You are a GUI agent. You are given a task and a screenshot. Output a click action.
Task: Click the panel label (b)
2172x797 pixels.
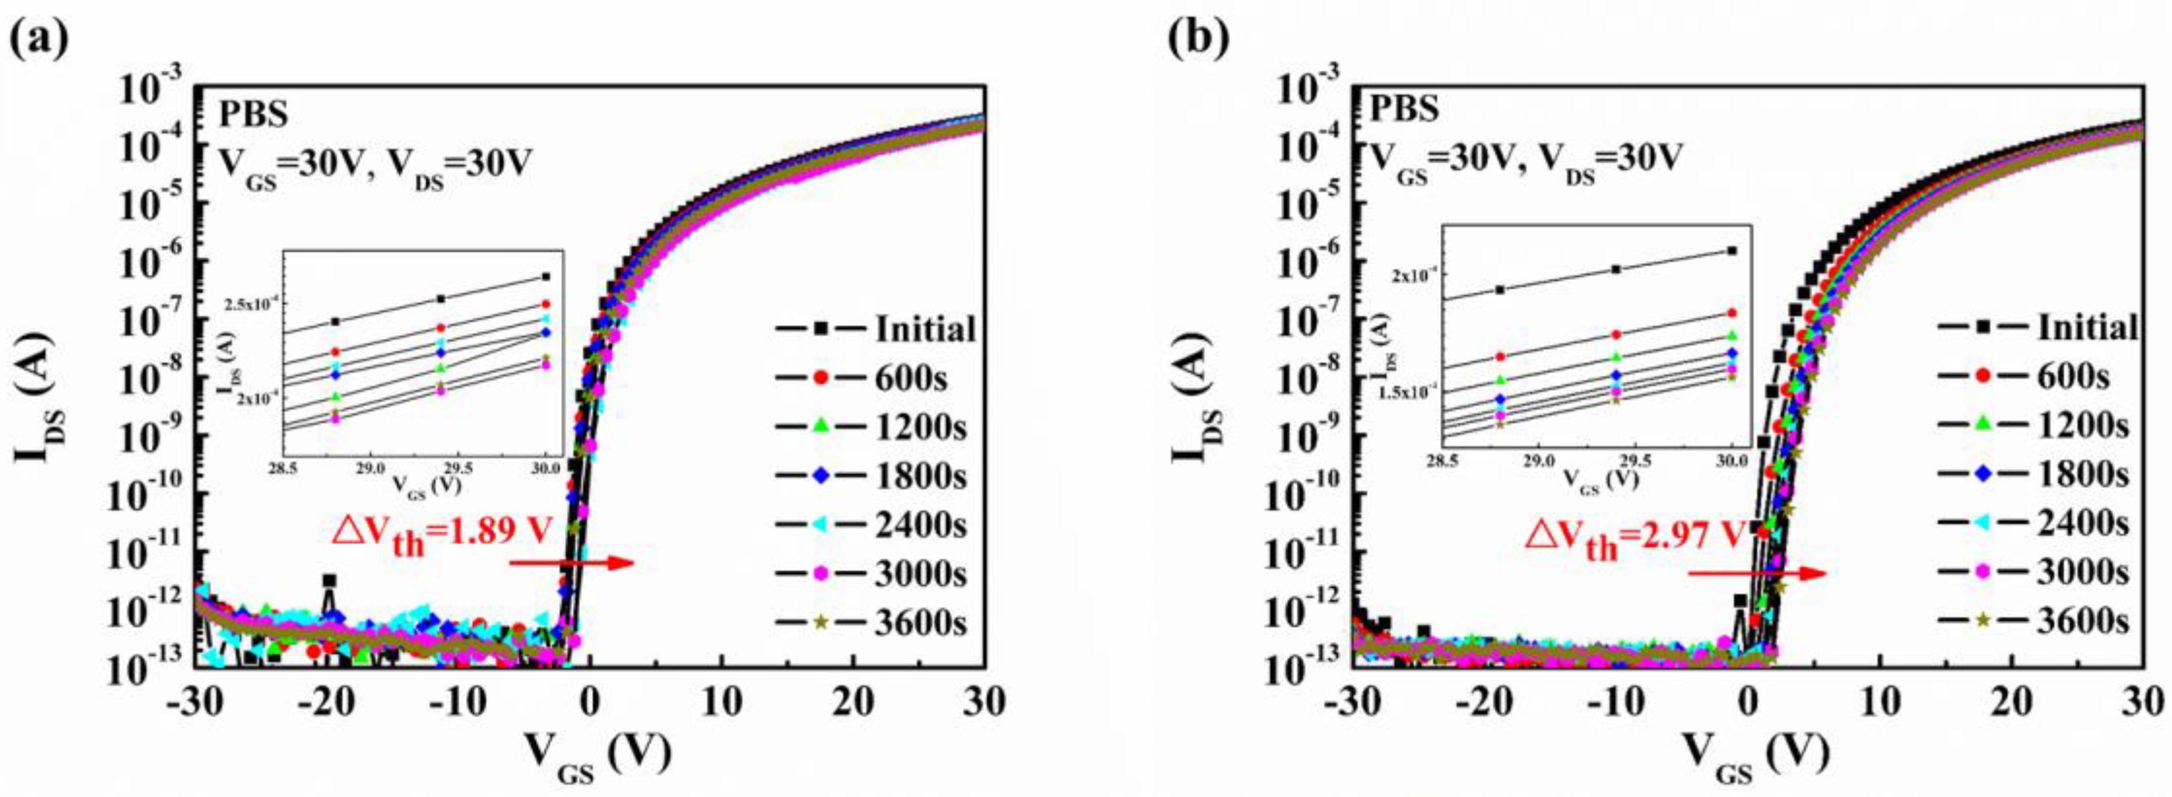(x=1198, y=39)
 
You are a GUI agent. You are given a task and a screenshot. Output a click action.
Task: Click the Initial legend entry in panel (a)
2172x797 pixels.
(x=877, y=329)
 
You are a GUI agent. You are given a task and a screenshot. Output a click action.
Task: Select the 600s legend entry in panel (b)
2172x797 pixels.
(x=2041, y=376)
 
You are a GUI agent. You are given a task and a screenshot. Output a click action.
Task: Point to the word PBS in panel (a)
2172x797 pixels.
(x=254, y=114)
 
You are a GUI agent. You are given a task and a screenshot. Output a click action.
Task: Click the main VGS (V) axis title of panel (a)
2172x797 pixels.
(x=597, y=753)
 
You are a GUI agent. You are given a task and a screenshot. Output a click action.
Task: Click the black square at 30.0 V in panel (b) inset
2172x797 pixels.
(x=1732, y=251)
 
